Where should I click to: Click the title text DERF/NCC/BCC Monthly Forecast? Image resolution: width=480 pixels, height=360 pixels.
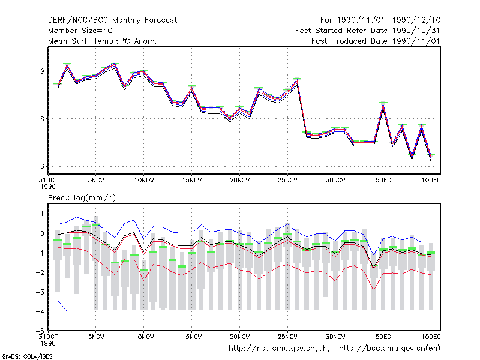click(112, 20)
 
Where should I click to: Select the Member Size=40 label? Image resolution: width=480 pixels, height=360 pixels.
click(80, 31)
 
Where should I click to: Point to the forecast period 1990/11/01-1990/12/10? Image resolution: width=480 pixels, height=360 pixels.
click(389, 20)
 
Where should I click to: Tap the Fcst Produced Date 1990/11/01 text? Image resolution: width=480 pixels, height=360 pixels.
click(376, 41)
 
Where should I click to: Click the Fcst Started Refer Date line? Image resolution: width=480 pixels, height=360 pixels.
click(368, 31)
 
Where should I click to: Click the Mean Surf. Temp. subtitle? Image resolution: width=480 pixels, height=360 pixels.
click(102, 41)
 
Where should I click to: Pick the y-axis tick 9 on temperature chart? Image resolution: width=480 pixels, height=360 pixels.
click(42, 71)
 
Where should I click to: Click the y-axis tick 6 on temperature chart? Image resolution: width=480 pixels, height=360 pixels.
click(42, 119)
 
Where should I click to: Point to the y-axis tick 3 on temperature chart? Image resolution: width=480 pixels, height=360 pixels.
click(42, 166)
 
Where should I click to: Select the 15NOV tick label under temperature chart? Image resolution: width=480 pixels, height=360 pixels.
click(192, 181)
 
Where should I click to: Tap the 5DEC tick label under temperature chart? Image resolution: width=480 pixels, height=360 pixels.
click(383, 181)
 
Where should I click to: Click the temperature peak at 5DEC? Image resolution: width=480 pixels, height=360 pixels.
click(383, 103)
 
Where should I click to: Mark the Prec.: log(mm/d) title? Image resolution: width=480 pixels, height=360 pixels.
click(82, 198)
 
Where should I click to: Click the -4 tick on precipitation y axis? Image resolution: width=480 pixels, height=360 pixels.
click(40, 311)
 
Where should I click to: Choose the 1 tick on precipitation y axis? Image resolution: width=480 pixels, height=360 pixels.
click(42, 214)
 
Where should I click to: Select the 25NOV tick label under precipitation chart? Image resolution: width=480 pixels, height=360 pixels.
click(287, 337)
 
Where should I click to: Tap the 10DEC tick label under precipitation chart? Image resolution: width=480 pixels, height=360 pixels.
click(431, 337)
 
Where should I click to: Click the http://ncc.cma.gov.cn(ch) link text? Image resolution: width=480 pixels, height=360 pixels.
click(279, 349)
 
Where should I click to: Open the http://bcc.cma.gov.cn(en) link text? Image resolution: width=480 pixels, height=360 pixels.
click(389, 349)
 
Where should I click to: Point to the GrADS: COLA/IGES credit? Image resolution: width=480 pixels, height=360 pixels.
click(27, 356)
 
